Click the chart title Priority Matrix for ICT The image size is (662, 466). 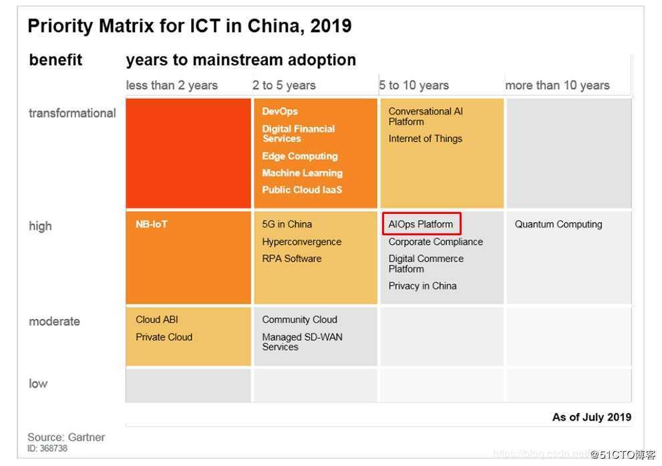pyautogui.click(x=189, y=26)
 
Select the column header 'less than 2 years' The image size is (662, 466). pyautogui.click(x=172, y=85)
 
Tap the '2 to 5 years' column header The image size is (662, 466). pyautogui.click(x=284, y=85)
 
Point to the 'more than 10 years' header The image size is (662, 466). pyautogui.click(x=557, y=85)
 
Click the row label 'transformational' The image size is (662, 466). pyautogui.click(x=72, y=113)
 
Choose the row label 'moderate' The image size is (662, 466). pyautogui.click(x=54, y=321)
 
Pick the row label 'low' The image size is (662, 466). pyautogui.click(x=38, y=383)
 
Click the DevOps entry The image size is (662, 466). pyautogui.click(x=280, y=111)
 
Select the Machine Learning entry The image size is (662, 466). pyautogui.click(x=302, y=172)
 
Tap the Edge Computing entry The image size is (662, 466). pyautogui.click(x=300, y=156)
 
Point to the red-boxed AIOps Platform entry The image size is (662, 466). pyautogui.click(x=421, y=224)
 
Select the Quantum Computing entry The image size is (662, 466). pyautogui.click(x=558, y=224)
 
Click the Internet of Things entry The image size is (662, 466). pyautogui.click(x=425, y=138)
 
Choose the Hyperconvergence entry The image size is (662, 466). pyautogui.click(x=301, y=241)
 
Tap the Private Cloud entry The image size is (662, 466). pyautogui.click(x=164, y=337)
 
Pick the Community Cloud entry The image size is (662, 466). pyautogui.click(x=299, y=320)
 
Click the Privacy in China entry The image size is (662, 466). pyautogui.click(x=422, y=285)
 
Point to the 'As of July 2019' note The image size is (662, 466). pyautogui.click(x=591, y=417)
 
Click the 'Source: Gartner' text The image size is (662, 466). pyautogui.click(x=66, y=437)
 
